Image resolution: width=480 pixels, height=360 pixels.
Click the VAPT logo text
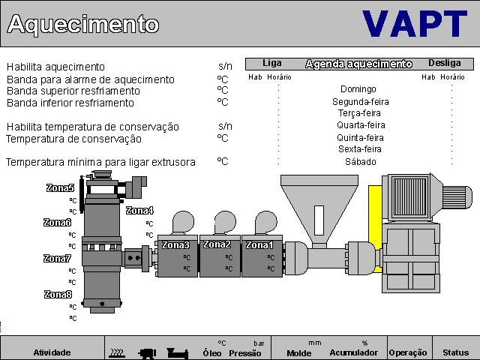(415, 23)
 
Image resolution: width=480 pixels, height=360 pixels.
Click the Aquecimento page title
(82, 24)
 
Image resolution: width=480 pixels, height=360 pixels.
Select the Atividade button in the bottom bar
(52, 352)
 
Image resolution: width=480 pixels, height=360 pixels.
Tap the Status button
(455, 352)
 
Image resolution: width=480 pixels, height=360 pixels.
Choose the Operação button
(408, 352)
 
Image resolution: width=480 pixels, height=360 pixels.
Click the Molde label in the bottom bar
(298, 352)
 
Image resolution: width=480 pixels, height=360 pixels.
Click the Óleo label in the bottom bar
(212, 352)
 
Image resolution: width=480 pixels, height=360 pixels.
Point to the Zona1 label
(259, 244)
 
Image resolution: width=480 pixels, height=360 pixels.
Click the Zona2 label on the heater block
(217, 244)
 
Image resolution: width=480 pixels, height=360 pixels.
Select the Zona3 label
(175, 244)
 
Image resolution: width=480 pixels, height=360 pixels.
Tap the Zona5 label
(60, 188)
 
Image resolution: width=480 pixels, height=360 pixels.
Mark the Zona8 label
(58, 294)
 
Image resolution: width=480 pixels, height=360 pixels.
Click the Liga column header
(272, 64)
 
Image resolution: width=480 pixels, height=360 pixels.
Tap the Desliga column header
(445, 64)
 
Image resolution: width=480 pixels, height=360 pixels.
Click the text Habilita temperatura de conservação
(92, 127)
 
